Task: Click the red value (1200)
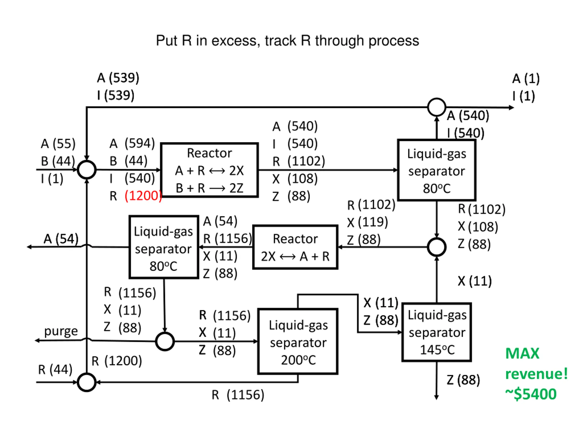point(143,196)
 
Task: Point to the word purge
point(61,331)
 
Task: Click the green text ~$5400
point(531,394)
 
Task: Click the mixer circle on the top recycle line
point(437,99)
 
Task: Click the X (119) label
point(368,222)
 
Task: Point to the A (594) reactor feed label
point(132,143)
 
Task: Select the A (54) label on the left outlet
point(61,239)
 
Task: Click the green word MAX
point(522,353)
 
